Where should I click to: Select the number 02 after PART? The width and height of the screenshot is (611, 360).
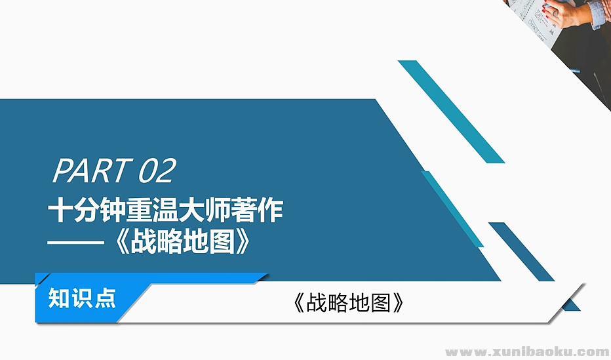[157, 171]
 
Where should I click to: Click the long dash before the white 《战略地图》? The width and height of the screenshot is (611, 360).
[77, 243]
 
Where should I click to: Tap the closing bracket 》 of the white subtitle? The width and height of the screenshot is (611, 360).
[243, 243]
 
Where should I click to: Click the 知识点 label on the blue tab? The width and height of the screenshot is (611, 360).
[83, 298]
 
